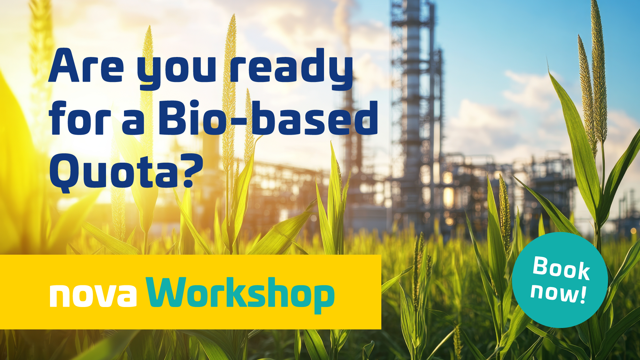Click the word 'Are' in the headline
[x=86, y=66]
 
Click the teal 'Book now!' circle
[x=560, y=280]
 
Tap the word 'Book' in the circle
[x=561, y=268]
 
